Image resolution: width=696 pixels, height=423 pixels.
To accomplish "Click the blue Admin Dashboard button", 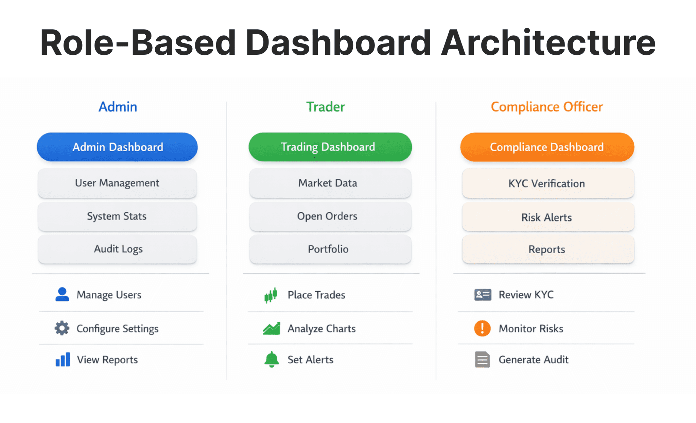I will [117, 147].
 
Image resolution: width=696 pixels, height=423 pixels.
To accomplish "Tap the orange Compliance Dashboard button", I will [547, 147].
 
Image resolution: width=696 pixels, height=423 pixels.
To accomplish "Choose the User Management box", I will [117, 183].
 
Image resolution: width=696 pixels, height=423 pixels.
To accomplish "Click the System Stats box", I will [117, 216].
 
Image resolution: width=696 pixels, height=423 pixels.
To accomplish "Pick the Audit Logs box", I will [117, 249].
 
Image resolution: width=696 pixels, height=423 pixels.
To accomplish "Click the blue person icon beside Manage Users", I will [62, 295].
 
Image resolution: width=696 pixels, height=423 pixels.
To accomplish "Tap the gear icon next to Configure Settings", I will [62, 328].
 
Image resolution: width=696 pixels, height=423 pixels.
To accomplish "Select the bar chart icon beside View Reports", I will [63, 359].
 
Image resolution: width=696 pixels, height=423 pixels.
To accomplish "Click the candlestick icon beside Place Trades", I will [271, 295].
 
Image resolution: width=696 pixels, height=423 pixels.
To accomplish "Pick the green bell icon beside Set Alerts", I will [272, 359].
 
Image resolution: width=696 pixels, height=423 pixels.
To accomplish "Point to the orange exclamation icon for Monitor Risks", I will [482, 329].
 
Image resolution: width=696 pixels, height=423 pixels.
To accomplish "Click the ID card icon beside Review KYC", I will [483, 295].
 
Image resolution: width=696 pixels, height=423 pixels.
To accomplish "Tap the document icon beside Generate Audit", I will [482, 359].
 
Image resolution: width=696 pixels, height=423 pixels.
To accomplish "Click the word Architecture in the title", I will [548, 43].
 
